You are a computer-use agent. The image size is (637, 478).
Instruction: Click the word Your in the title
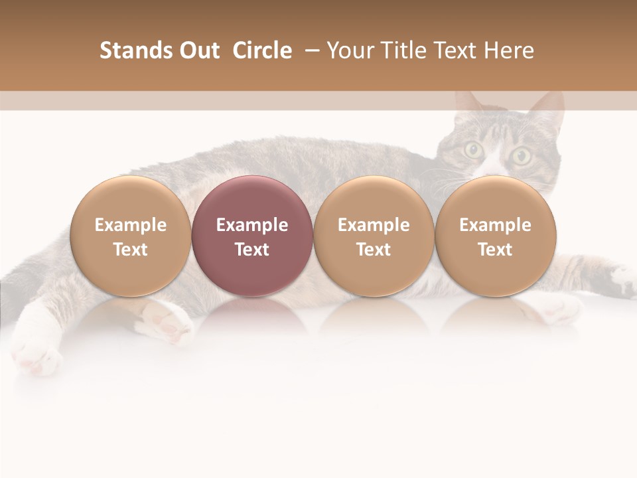(x=349, y=50)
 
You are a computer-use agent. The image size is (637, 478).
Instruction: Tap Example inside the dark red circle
(x=252, y=225)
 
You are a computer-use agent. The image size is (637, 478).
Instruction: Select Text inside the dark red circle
(x=252, y=250)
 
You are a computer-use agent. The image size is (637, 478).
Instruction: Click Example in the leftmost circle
(x=131, y=225)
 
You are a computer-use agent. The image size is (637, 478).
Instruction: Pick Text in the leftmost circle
(x=131, y=250)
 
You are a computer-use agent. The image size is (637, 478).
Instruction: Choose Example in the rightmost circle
(x=495, y=225)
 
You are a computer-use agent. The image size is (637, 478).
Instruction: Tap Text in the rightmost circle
(x=495, y=250)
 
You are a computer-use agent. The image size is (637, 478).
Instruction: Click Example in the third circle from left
(x=374, y=225)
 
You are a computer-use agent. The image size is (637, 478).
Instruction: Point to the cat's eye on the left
(x=473, y=151)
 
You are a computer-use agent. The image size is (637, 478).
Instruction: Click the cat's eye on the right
(x=522, y=157)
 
